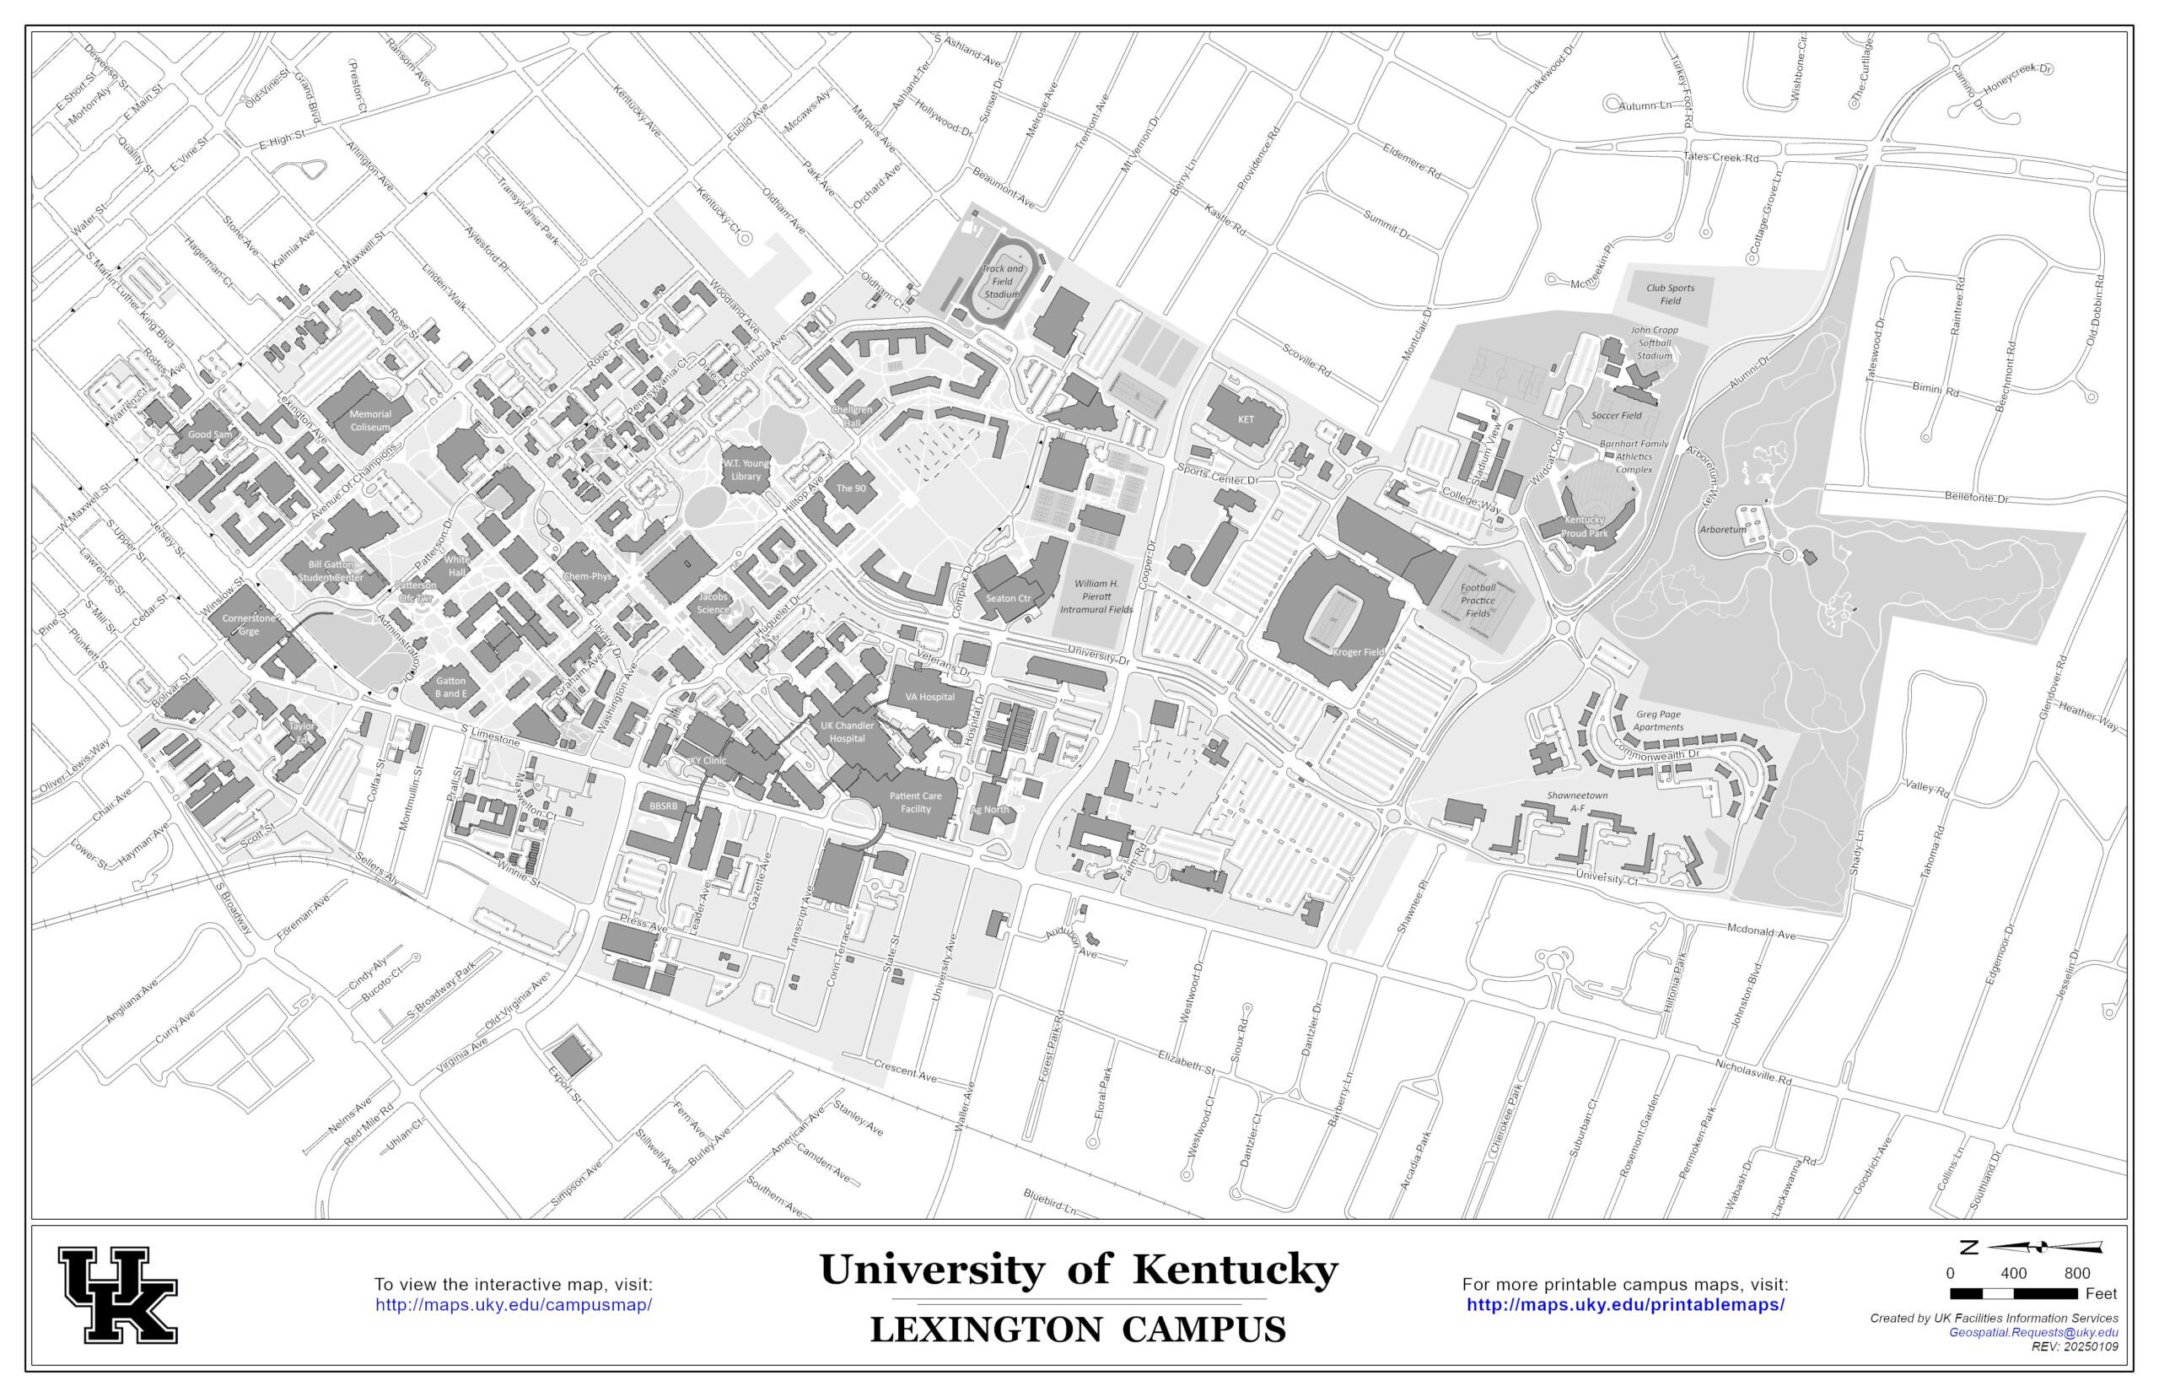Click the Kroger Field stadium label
pos(1360,652)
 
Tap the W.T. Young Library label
pos(746,469)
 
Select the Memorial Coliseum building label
pos(370,420)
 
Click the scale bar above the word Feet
pos(2012,1293)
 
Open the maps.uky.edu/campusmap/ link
pos(514,1305)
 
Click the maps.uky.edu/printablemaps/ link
pos(1625,1305)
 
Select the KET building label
pos(1246,419)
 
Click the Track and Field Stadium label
pos(1002,281)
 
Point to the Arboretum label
pos(1722,530)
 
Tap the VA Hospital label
pos(930,697)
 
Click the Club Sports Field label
pos(1670,294)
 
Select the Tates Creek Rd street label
pos(1721,157)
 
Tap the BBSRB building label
pos(663,806)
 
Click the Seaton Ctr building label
pos(1009,598)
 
